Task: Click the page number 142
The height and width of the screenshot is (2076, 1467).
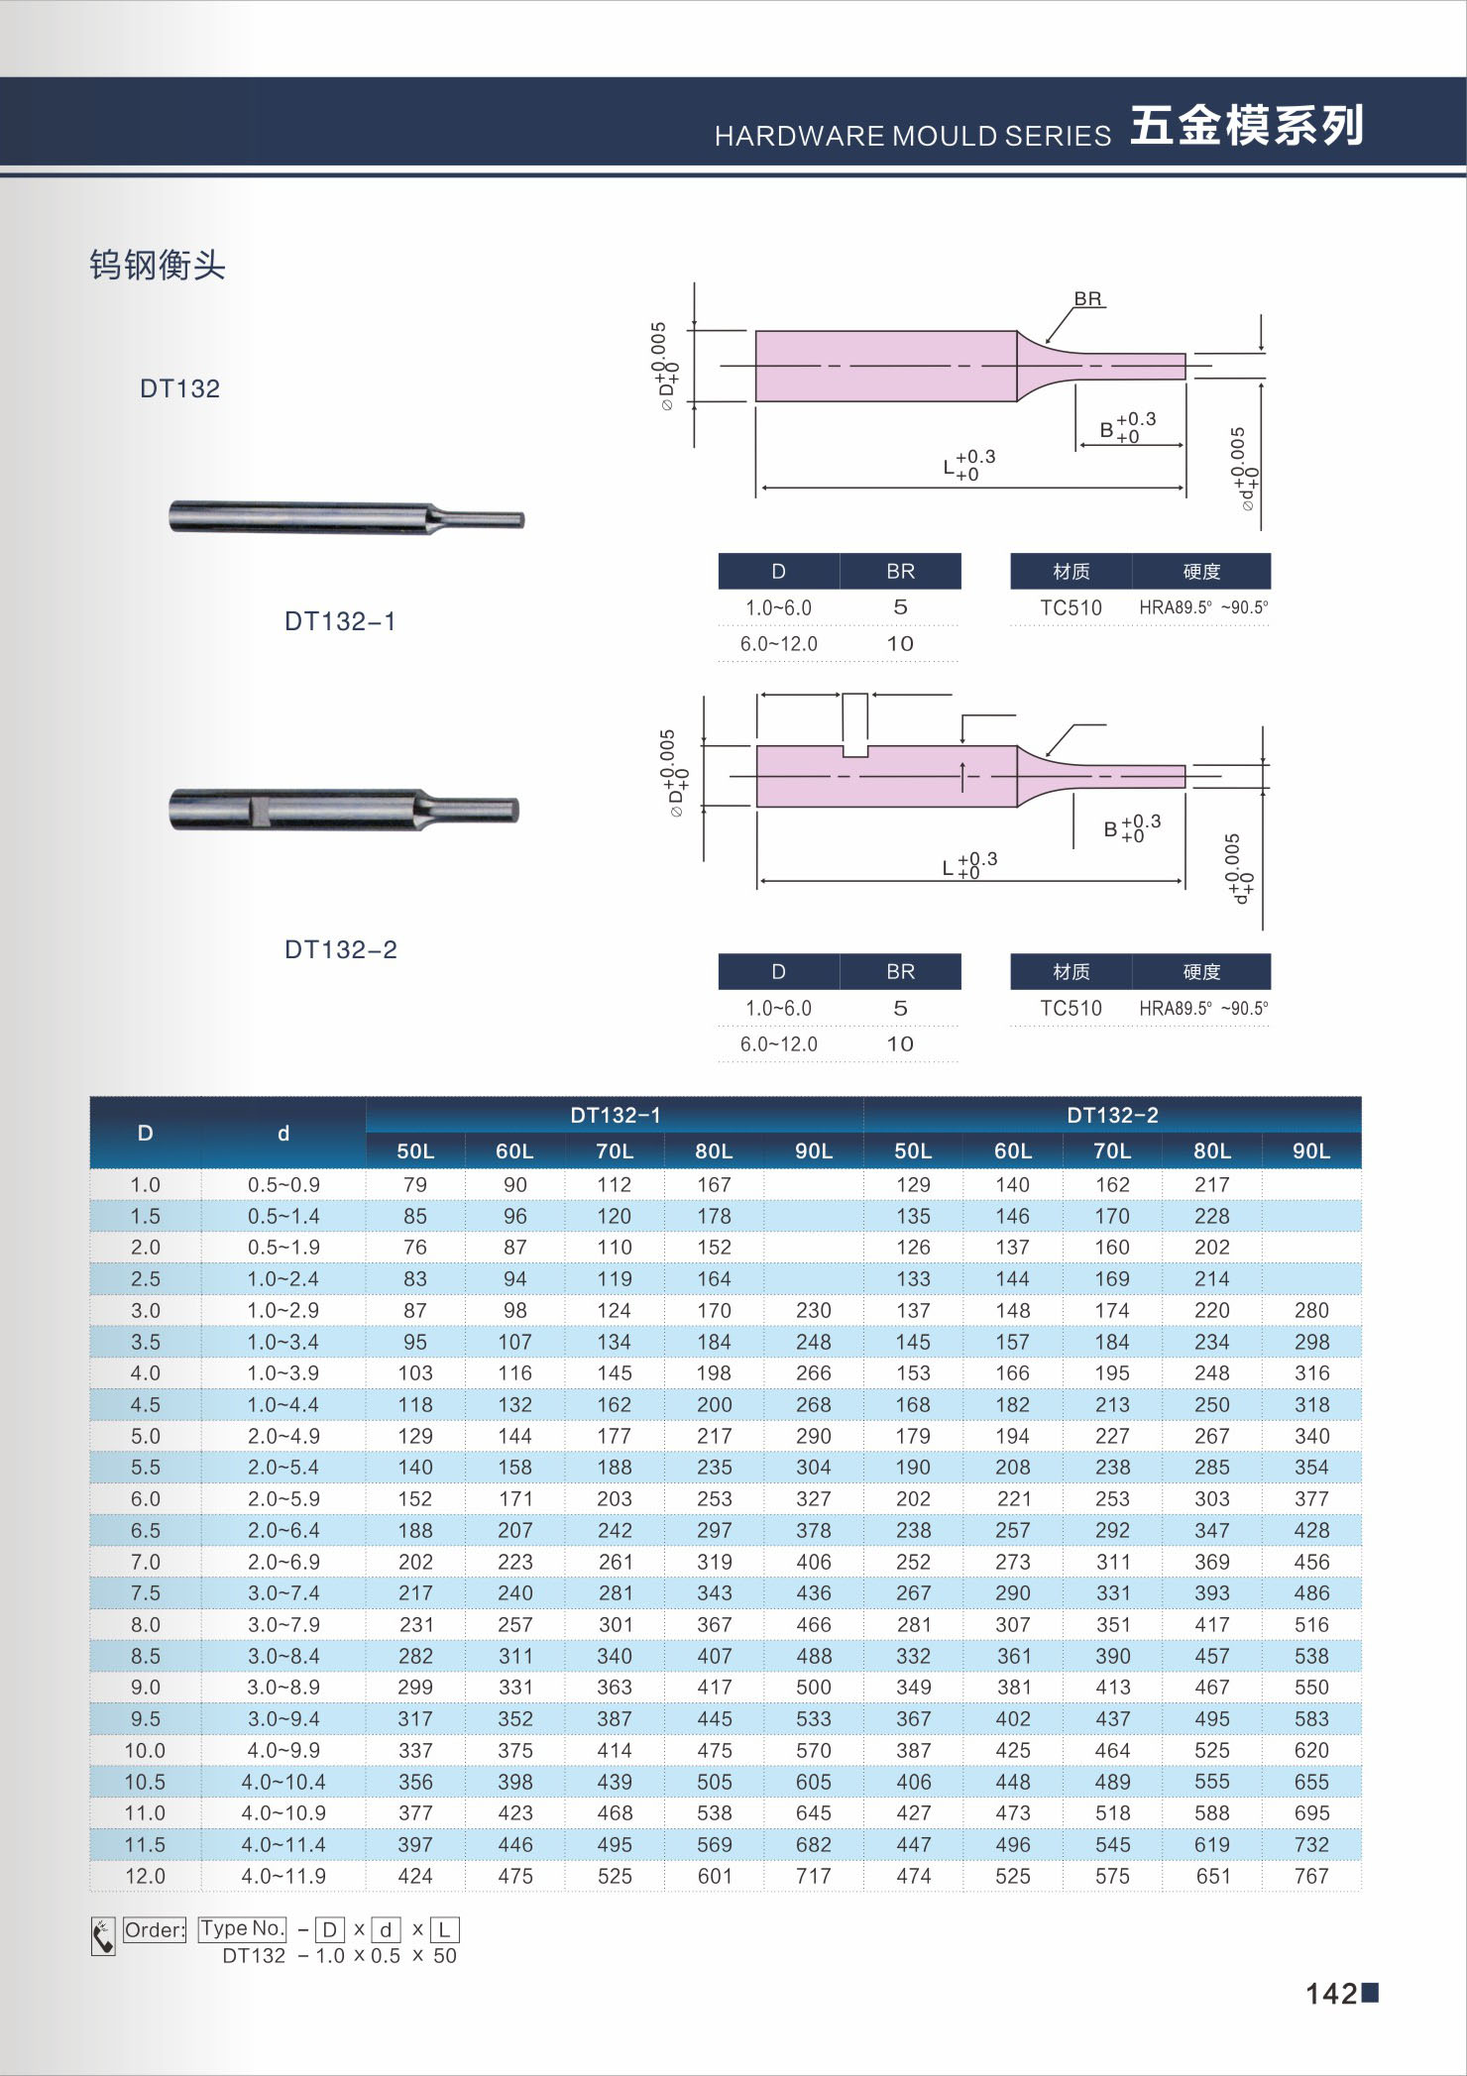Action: [1331, 1993]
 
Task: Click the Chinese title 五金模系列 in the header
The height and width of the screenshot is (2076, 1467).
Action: [1247, 126]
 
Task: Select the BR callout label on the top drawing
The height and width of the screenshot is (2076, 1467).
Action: [1087, 298]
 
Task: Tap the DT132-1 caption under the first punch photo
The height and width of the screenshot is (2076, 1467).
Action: [340, 621]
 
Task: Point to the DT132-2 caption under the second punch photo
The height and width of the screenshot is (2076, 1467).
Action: [340, 949]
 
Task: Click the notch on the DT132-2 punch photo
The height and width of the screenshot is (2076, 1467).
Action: [259, 810]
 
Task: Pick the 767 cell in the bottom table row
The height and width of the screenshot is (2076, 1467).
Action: [1311, 1876]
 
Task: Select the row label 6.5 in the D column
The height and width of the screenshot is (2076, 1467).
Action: [145, 1530]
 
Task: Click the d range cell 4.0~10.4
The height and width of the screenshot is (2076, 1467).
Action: [283, 1782]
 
